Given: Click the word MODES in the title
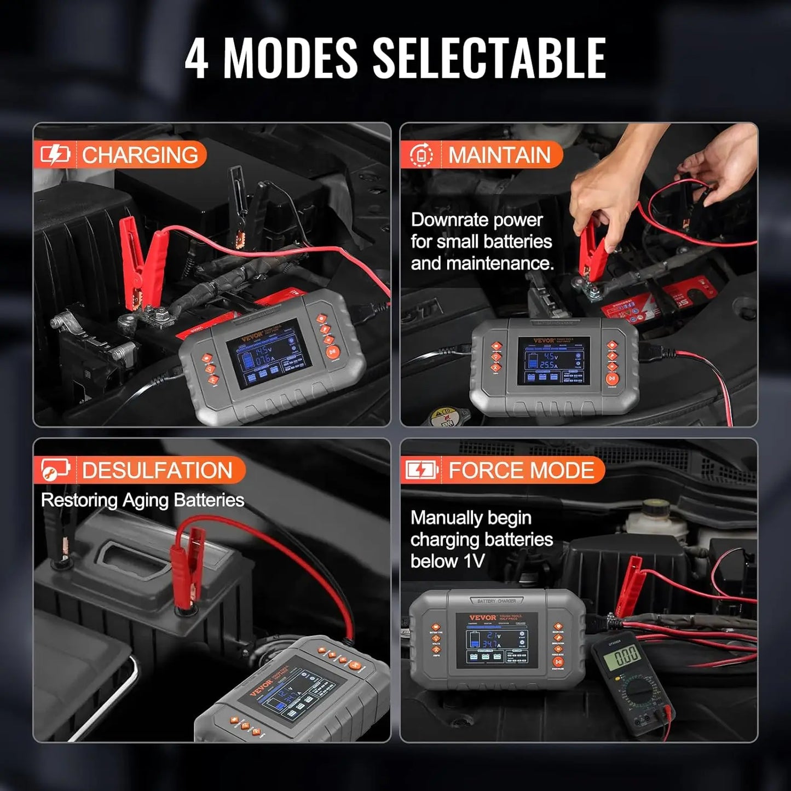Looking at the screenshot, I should (x=290, y=58).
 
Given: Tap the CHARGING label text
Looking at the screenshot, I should (x=140, y=155).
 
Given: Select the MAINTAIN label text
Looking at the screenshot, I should (x=499, y=155).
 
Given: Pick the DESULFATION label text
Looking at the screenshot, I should (x=158, y=470).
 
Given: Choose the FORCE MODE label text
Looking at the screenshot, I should (x=521, y=470).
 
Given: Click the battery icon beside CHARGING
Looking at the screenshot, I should (x=55, y=155).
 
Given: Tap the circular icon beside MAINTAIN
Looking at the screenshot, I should (x=421, y=155).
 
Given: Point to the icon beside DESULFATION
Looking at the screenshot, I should (x=55, y=470).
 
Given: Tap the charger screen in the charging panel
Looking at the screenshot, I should (x=269, y=353).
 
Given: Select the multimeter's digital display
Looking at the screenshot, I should (x=625, y=654).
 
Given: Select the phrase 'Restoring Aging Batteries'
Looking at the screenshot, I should (x=142, y=500).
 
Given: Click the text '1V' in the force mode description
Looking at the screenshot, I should (x=474, y=561).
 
